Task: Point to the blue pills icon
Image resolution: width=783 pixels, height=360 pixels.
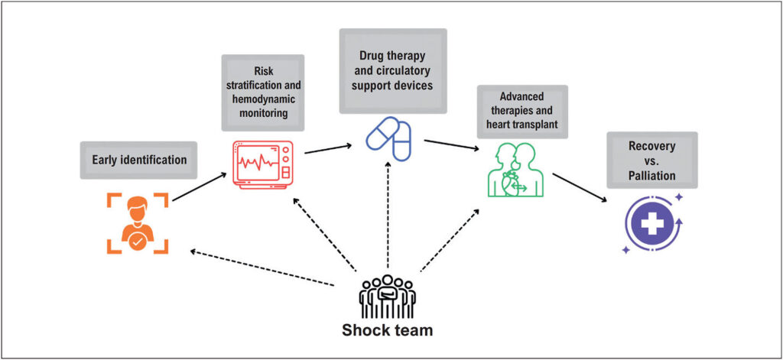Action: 388,135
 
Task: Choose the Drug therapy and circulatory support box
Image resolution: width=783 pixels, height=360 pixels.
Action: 393,70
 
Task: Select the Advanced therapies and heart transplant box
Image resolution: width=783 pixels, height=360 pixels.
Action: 522,112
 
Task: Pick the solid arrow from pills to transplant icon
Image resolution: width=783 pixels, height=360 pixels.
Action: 452,145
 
